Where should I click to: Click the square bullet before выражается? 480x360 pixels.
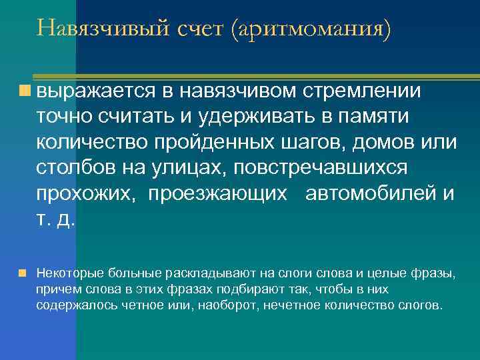25,89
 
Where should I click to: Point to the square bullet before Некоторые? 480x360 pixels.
23,273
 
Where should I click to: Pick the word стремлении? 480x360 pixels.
364,91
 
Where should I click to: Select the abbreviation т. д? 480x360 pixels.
56,221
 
